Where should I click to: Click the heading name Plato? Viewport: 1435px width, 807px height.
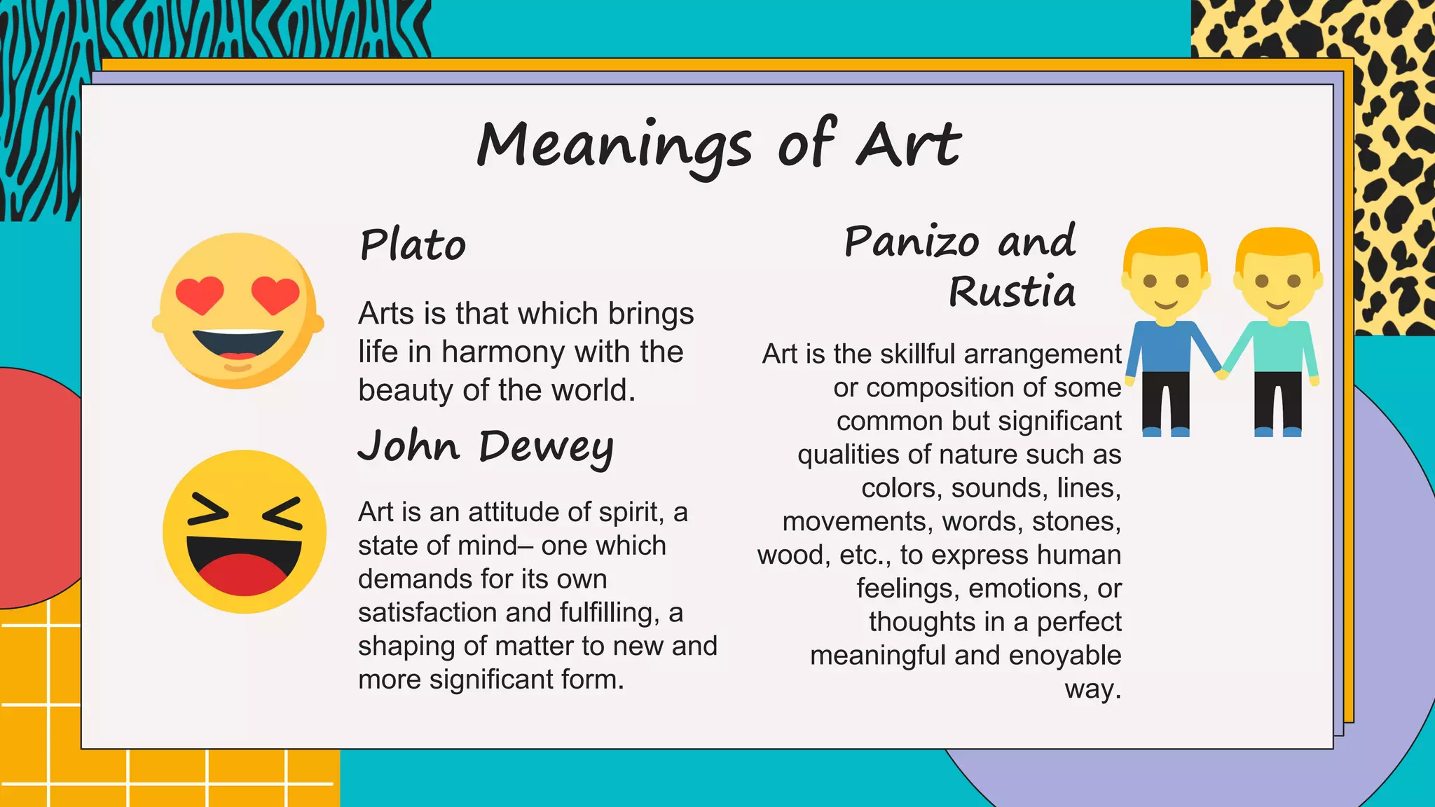point(413,245)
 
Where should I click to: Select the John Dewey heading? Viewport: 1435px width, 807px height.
point(486,446)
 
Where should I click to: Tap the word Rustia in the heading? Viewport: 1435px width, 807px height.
point(1012,291)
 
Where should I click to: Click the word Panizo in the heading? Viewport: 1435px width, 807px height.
point(912,242)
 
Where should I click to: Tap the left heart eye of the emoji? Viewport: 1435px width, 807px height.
point(200,294)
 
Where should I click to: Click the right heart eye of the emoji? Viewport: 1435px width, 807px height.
point(275,294)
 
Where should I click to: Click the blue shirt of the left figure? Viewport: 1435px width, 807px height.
point(1165,347)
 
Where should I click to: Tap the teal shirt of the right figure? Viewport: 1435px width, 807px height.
point(1277,347)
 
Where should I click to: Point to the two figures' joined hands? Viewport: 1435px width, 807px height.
point(1222,373)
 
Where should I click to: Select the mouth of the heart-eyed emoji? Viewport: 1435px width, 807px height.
point(238,344)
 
